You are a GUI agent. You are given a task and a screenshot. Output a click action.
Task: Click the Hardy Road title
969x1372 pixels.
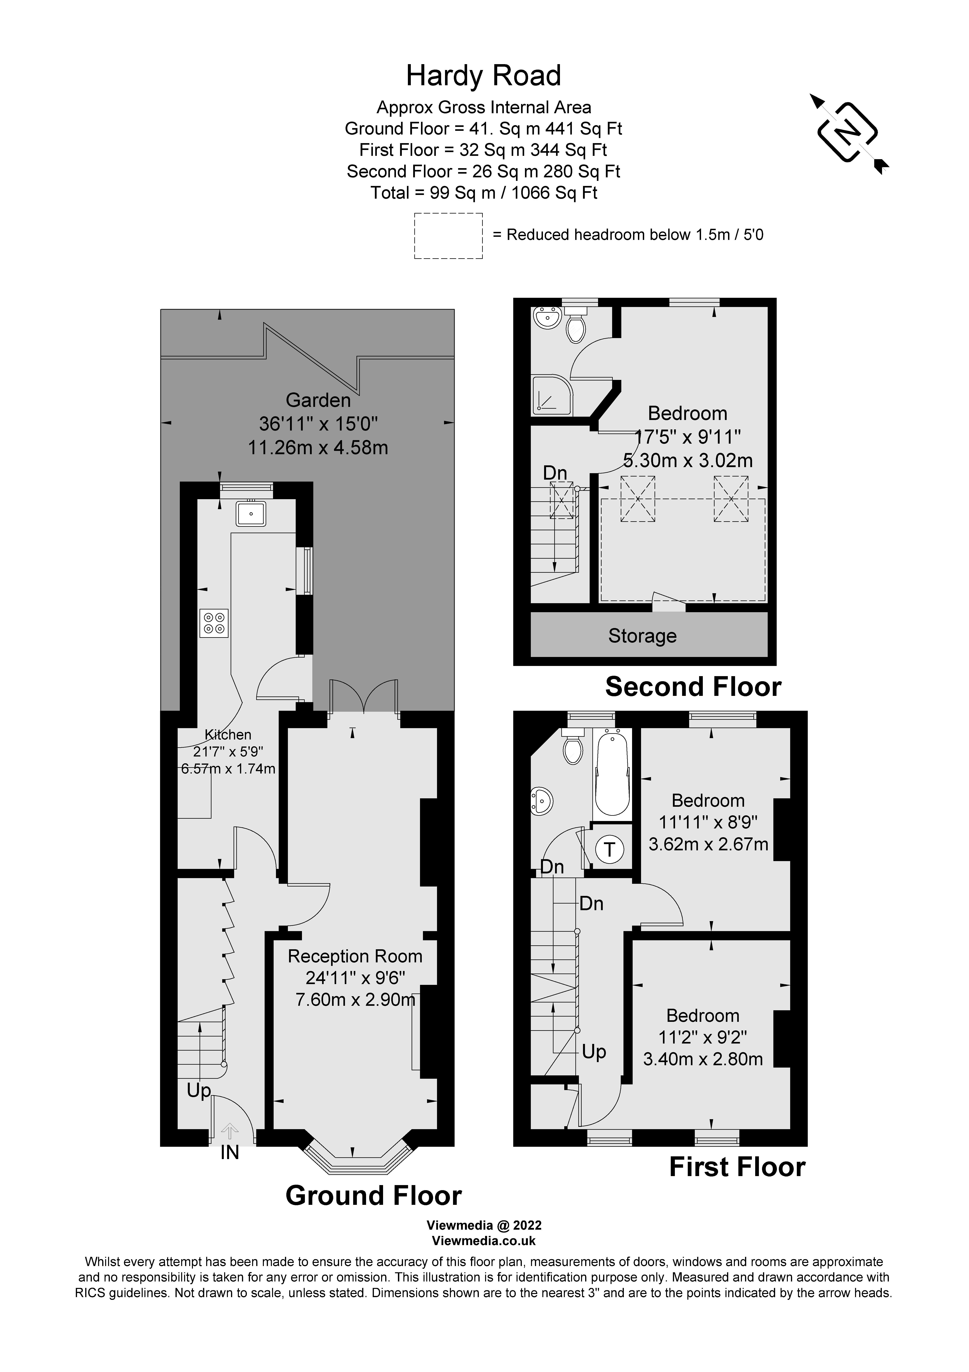[x=483, y=76]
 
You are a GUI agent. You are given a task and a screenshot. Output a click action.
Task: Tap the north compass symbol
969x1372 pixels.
[x=848, y=133]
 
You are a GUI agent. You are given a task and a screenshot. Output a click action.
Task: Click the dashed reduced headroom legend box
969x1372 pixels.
[x=448, y=236]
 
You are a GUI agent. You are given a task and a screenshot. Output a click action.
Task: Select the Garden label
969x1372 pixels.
[x=318, y=400]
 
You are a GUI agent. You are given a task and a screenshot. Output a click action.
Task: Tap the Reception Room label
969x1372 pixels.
[x=355, y=956]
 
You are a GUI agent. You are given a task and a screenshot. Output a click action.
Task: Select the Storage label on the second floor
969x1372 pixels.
[x=642, y=636]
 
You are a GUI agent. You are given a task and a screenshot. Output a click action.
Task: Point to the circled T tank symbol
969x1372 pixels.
[x=609, y=849]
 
